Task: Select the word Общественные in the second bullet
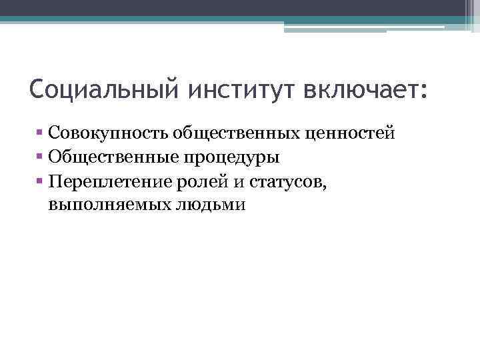pyautogui.click(x=109, y=158)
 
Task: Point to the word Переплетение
pyautogui.click(x=108, y=182)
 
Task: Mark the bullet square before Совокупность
pyautogui.click(x=41, y=133)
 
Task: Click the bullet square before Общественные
pyautogui.click(x=41, y=158)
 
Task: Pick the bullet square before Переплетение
pyautogui.click(x=41, y=182)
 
